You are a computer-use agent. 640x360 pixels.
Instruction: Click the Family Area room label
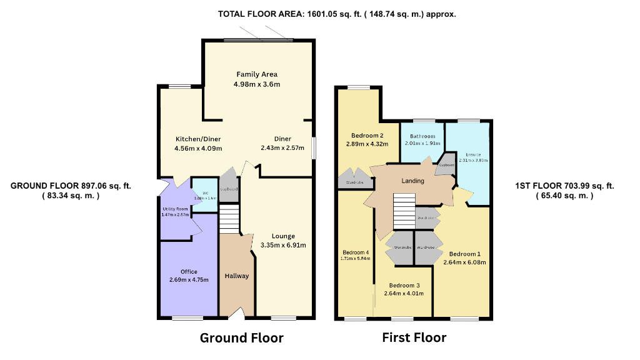[x=256, y=74]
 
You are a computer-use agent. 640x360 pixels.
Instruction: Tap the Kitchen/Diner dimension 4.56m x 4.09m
[x=198, y=148]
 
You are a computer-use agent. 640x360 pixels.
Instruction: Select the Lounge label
[x=283, y=236]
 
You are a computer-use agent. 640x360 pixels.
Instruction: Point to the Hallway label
[x=237, y=276]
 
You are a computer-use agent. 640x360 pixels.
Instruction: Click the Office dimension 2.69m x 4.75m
[x=189, y=279]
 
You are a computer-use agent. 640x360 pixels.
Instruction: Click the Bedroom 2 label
[x=367, y=136]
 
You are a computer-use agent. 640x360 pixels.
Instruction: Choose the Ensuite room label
[x=472, y=154]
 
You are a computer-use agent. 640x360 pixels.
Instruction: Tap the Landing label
[x=412, y=181]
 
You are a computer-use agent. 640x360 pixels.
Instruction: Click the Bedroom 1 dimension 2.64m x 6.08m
[x=464, y=262]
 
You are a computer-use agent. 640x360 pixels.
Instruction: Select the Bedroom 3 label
[x=401, y=285]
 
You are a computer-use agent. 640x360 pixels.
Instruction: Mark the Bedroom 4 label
[x=354, y=252]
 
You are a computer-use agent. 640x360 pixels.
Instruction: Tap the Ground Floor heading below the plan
[x=241, y=338]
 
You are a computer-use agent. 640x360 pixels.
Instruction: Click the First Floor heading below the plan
[x=414, y=338]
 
